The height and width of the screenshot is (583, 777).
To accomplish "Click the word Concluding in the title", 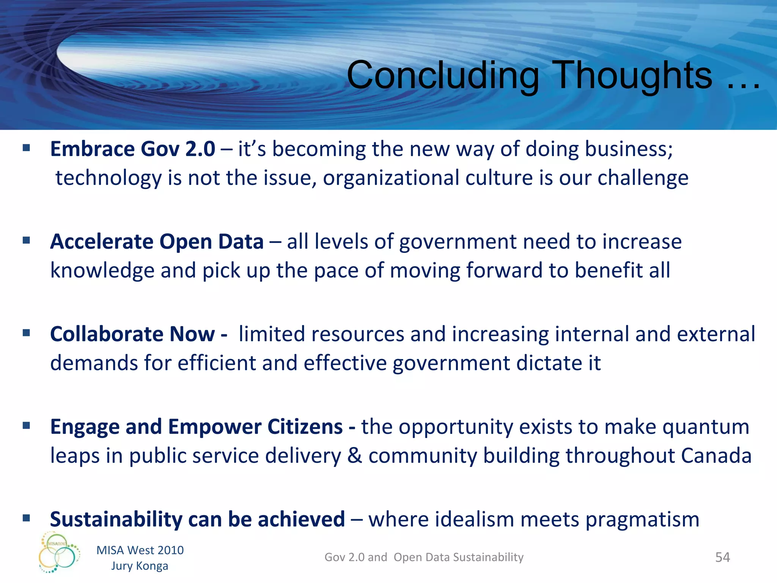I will [x=443, y=76].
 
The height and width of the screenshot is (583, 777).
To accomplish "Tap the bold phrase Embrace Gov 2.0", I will [x=132, y=149].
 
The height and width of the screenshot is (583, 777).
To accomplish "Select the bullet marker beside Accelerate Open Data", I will [x=26, y=240].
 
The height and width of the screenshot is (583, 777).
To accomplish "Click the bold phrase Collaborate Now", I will [x=138, y=334].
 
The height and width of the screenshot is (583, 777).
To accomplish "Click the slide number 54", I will [x=722, y=557].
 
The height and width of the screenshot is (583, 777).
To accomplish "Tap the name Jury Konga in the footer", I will [x=140, y=566].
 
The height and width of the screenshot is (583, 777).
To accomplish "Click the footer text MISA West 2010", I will [x=140, y=550].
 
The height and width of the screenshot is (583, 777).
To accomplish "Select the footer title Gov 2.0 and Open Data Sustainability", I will [x=424, y=557].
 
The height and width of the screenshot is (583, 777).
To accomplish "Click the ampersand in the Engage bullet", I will [x=354, y=455].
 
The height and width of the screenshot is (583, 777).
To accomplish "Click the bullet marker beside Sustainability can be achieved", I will [x=26, y=518].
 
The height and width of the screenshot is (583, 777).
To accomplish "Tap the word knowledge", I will [x=102, y=271].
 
